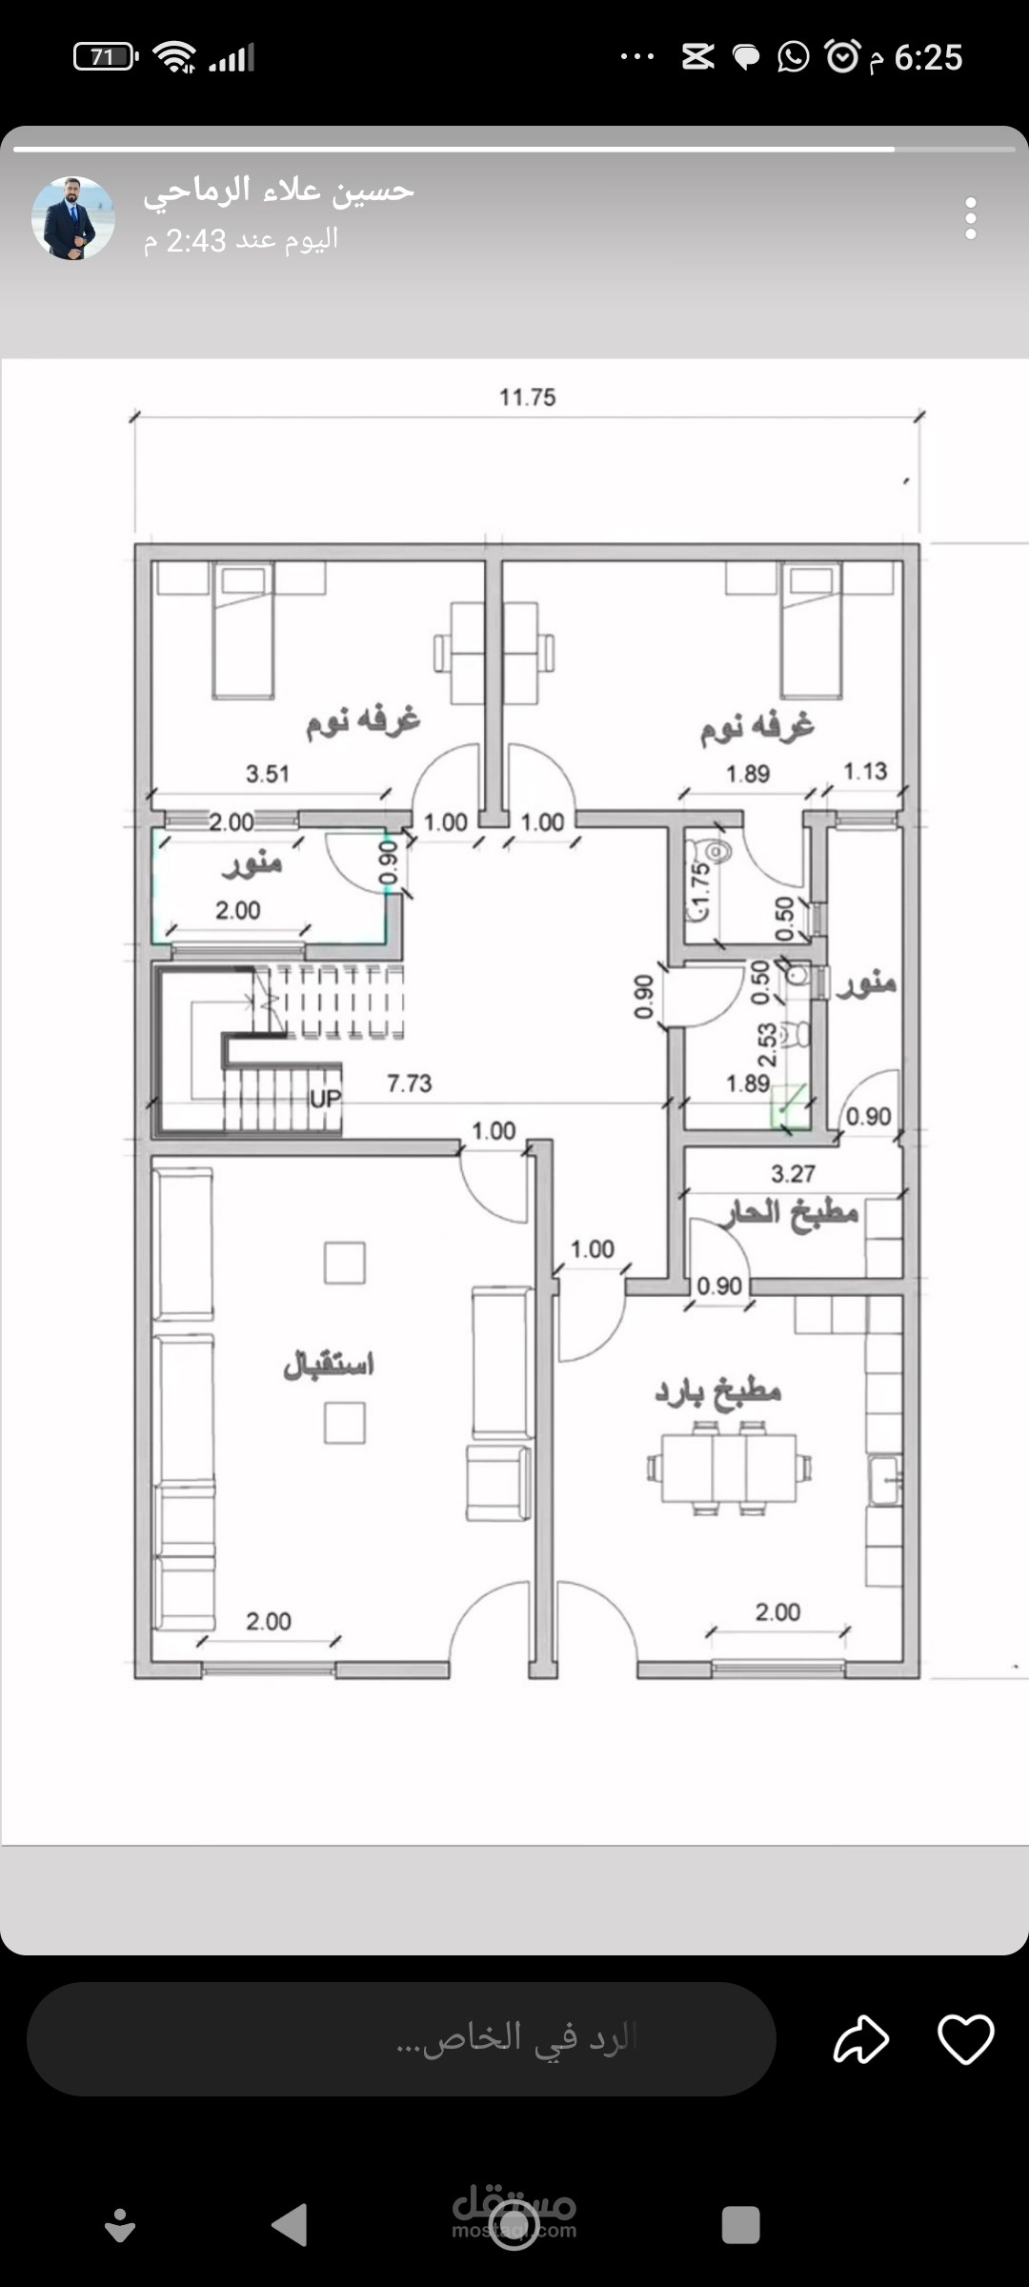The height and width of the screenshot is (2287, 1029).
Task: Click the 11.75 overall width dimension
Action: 527,396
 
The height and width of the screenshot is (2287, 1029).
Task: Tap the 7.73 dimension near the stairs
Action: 409,1083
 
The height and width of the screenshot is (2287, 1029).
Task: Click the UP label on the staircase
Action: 325,1099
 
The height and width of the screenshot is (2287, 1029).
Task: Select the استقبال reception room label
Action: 329,1365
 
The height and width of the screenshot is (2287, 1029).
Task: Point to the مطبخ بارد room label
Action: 717,1393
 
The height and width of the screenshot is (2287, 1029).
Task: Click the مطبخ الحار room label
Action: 790,1213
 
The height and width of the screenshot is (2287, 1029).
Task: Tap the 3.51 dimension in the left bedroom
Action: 267,774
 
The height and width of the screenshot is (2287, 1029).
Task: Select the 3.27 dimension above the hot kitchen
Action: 793,1174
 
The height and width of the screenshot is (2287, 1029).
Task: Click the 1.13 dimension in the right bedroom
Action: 865,771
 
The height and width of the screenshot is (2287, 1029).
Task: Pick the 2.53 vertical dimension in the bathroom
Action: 767,1045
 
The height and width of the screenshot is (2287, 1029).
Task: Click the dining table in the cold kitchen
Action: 729,1468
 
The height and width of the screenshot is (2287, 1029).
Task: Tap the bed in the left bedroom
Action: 243,630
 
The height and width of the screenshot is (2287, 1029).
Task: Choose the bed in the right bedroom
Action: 811,630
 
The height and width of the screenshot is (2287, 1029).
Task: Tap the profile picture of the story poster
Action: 73,218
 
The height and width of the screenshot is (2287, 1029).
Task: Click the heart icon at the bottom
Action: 965,2039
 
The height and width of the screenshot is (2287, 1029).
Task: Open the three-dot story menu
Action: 970,218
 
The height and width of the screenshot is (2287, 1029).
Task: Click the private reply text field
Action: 401,2039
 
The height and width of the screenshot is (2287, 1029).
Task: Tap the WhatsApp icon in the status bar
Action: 793,57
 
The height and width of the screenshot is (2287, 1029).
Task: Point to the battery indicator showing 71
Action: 106,57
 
